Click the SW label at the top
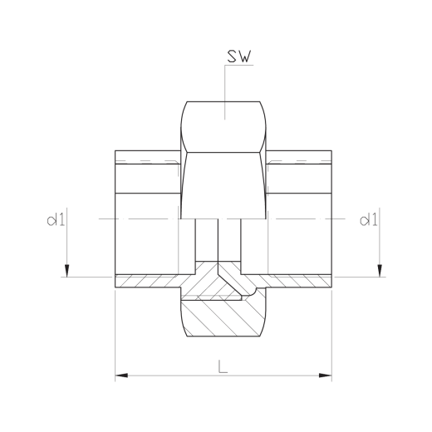pyautogui.click(x=240, y=56)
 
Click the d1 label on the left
pyautogui.click(x=56, y=220)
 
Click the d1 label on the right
pyautogui.click(x=368, y=220)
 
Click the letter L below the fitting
pyautogui.click(x=223, y=366)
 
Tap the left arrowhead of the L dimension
pyautogui.click(x=121, y=376)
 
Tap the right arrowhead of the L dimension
pyautogui.click(x=326, y=376)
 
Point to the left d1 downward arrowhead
pyautogui.click(x=66, y=271)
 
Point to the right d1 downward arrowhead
pyautogui.click(x=380, y=271)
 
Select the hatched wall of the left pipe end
pyautogui.click(x=147, y=282)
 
